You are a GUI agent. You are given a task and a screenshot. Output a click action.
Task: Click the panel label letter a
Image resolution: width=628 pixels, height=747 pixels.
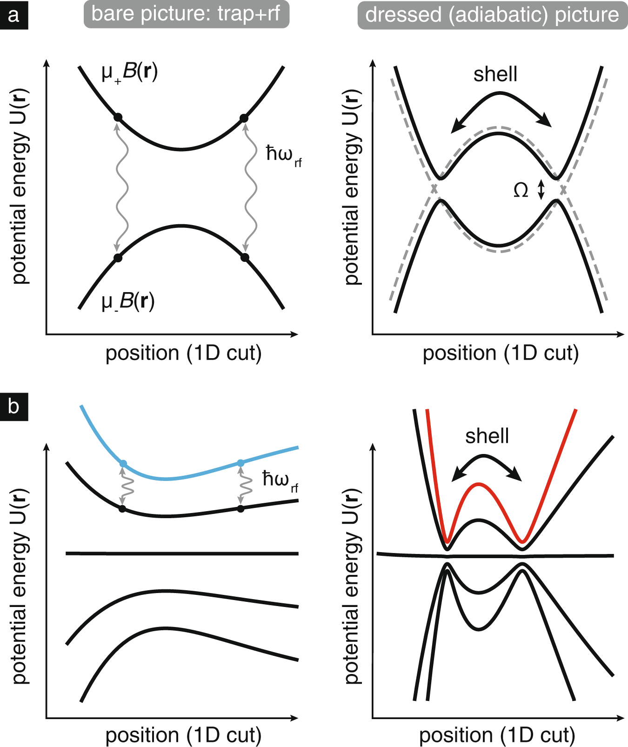(13, 15)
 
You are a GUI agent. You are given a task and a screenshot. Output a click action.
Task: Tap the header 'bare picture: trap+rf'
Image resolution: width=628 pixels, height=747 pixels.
(186, 14)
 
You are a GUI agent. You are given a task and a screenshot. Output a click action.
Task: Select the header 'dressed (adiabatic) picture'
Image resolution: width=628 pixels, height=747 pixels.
(492, 15)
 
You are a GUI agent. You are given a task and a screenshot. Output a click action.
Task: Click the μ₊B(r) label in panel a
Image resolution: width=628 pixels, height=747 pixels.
(130, 73)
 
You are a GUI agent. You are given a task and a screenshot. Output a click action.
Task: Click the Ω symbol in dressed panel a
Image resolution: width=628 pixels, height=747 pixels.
(521, 190)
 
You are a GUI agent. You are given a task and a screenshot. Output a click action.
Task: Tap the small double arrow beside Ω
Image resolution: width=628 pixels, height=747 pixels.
(541, 190)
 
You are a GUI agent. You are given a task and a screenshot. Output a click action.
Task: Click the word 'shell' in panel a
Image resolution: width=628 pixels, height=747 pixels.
(495, 74)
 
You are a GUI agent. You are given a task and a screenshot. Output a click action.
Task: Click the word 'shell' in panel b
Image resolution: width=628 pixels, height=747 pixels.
(487, 436)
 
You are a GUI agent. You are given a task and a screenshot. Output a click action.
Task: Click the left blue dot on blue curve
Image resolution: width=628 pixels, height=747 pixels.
(123, 463)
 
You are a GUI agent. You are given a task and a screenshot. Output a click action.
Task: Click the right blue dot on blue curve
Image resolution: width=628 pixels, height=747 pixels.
(241, 463)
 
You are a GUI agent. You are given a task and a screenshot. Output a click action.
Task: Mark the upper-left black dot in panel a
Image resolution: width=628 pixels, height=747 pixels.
(118, 117)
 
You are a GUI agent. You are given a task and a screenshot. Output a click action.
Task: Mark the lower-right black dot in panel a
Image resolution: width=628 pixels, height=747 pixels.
(245, 257)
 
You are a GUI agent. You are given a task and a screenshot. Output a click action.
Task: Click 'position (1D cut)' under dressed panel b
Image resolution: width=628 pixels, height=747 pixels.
(497, 735)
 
